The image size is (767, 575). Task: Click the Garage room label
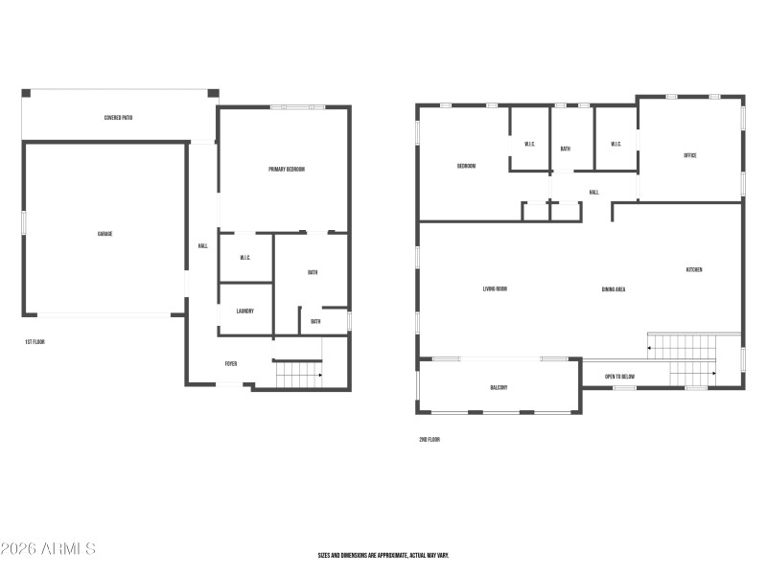(x=105, y=234)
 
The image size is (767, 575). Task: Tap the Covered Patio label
(x=118, y=118)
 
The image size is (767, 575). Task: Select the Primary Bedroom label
(x=286, y=170)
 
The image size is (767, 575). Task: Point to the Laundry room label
(x=244, y=310)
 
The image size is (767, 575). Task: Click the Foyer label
(x=231, y=364)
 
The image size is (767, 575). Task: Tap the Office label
(x=689, y=155)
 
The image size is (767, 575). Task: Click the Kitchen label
(x=693, y=270)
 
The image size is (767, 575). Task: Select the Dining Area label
(x=614, y=289)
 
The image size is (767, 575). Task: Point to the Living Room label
(x=495, y=289)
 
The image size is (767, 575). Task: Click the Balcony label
(x=499, y=387)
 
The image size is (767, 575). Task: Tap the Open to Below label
(x=619, y=377)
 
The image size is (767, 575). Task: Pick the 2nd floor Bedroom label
(x=466, y=166)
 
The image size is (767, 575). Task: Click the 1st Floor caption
(x=35, y=341)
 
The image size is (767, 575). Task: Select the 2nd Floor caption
(x=429, y=440)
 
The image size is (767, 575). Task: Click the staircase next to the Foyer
(x=298, y=374)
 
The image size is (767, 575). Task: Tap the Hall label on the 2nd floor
(x=593, y=193)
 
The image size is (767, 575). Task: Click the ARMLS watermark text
(x=48, y=549)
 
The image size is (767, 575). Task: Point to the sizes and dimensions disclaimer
(x=383, y=556)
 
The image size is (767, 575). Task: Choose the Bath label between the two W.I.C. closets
(x=565, y=149)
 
